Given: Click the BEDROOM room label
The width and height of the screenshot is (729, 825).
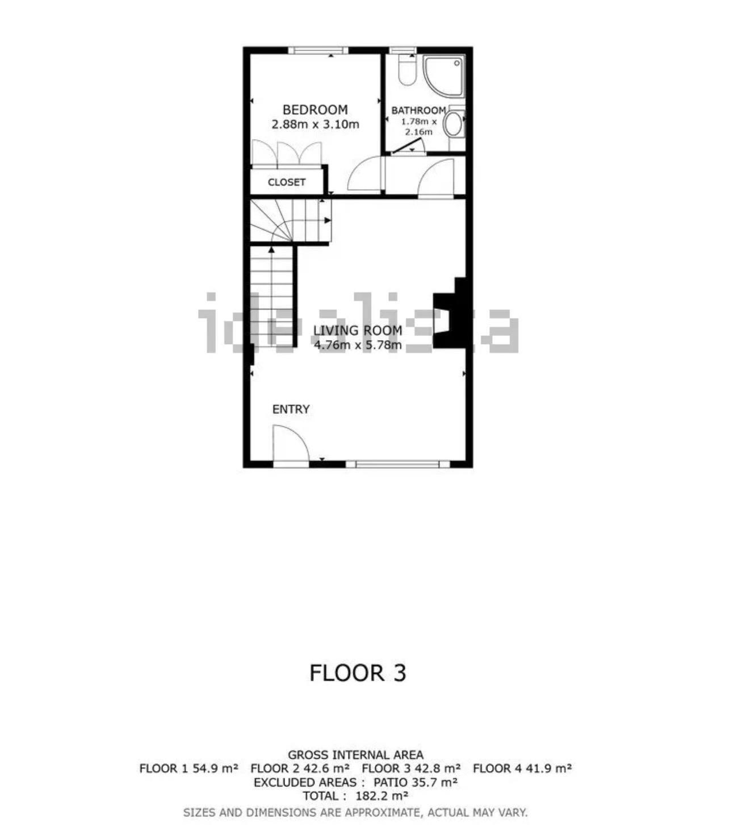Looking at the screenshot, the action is click(x=315, y=110).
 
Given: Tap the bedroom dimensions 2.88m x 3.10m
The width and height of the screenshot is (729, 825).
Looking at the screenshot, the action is click(x=315, y=124).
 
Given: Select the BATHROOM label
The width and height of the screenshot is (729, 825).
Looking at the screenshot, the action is click(x=418, y=110).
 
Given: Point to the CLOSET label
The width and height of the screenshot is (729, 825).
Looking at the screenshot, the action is click(x=286, y=182).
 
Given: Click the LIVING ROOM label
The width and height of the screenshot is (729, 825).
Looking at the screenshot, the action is click(x=358, y=330).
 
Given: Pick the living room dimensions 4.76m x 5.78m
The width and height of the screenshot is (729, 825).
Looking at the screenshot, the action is click(x=358, y=345).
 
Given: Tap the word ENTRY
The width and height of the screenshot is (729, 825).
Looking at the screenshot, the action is click(x=291, y=409).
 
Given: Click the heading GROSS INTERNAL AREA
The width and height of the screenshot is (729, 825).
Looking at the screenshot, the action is click(x=355, y=755).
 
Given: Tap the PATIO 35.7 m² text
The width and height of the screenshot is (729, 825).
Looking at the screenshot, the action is click(x=416, y=782).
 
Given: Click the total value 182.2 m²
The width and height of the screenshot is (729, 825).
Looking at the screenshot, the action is click(x=382, y=795).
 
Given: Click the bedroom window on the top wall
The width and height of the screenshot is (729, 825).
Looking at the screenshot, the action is click(x=319, y=51).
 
